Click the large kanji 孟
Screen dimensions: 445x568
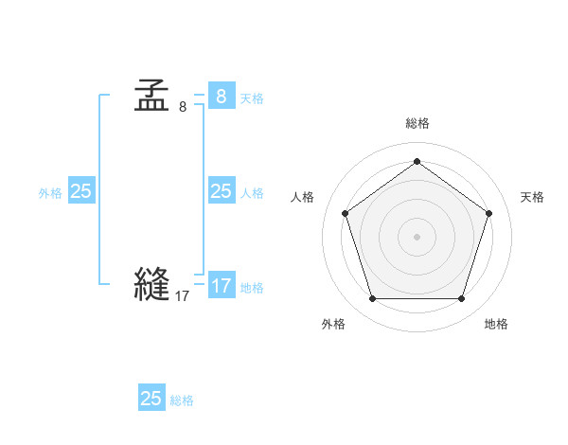[x=151, y=96]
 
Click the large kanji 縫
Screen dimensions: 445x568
[x=151, y=284]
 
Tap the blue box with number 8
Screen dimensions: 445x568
[x=221, y=97]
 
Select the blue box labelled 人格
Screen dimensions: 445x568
[x=221, y=191]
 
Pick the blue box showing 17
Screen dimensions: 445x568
[x=221, y=285]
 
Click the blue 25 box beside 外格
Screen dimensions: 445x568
[x=80, y=191]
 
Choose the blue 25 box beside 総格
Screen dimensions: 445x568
[x=151, y=399]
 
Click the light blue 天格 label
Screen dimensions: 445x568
[x=252, y=98]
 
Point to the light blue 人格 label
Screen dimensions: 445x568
[x=252, y=193]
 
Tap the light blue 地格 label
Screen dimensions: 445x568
[x=252, y=288]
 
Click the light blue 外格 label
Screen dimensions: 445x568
[x=50, y=193]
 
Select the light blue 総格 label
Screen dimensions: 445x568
[x=182, y=400]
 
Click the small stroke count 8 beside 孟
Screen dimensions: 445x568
[x=183, y=107]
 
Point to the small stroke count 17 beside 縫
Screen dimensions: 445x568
[x=182, y=296]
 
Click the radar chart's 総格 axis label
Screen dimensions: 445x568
[x=417, y=124]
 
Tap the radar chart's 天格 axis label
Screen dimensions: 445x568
[x=532, y=197]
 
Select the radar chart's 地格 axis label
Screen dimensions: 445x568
[x=496, y=324]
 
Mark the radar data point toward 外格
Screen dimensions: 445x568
[x=372, y=299]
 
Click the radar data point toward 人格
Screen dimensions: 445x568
[x=345, y=213]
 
